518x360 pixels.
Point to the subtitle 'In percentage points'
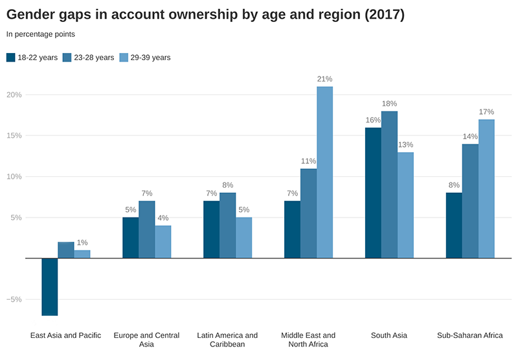[40, 34]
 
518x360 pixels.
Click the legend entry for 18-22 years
[32, 58]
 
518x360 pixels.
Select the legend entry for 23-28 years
[88, 58]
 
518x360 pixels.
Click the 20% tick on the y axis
[14, 95]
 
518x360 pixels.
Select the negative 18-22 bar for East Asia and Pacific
[50, 287]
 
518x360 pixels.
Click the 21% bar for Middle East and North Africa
[324, 172]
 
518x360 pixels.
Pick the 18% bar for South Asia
[389, 185]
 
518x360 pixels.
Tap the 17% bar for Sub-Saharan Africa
[486, 188]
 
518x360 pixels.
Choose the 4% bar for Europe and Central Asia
[163, 242]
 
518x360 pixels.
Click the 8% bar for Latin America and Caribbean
[227, 225]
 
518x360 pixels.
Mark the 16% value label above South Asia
[373, 120]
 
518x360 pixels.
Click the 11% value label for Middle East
[308, 161]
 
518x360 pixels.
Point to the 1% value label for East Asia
[82, 242]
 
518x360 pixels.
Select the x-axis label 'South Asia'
[389, 335]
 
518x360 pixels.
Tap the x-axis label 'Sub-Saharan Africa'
[470, 335]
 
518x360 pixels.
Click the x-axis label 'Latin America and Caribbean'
[227, 339]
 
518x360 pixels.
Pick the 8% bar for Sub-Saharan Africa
[455, 225]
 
